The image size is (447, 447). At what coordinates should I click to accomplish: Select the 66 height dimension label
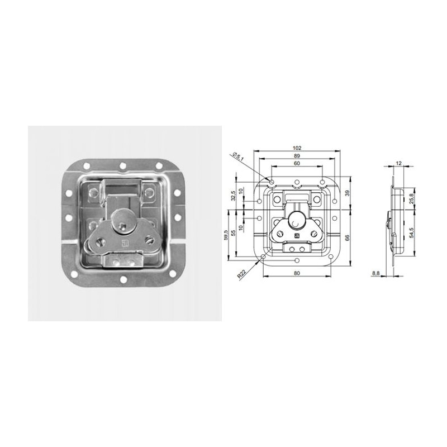348,237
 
